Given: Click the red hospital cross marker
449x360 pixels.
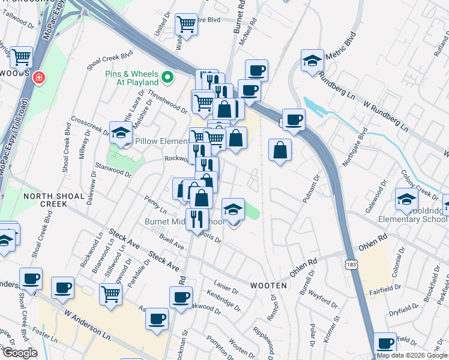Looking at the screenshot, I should click(40, 78).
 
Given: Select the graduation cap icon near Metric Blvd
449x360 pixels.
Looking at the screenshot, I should click(312, 61).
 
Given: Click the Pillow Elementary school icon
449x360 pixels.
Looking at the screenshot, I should click(120, 133).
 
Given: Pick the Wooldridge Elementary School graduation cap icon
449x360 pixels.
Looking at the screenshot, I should click(406, 200).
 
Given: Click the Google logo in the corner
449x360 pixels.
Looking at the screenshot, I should click(20, 353).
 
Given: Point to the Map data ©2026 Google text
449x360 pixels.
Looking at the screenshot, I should click(412, 355).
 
